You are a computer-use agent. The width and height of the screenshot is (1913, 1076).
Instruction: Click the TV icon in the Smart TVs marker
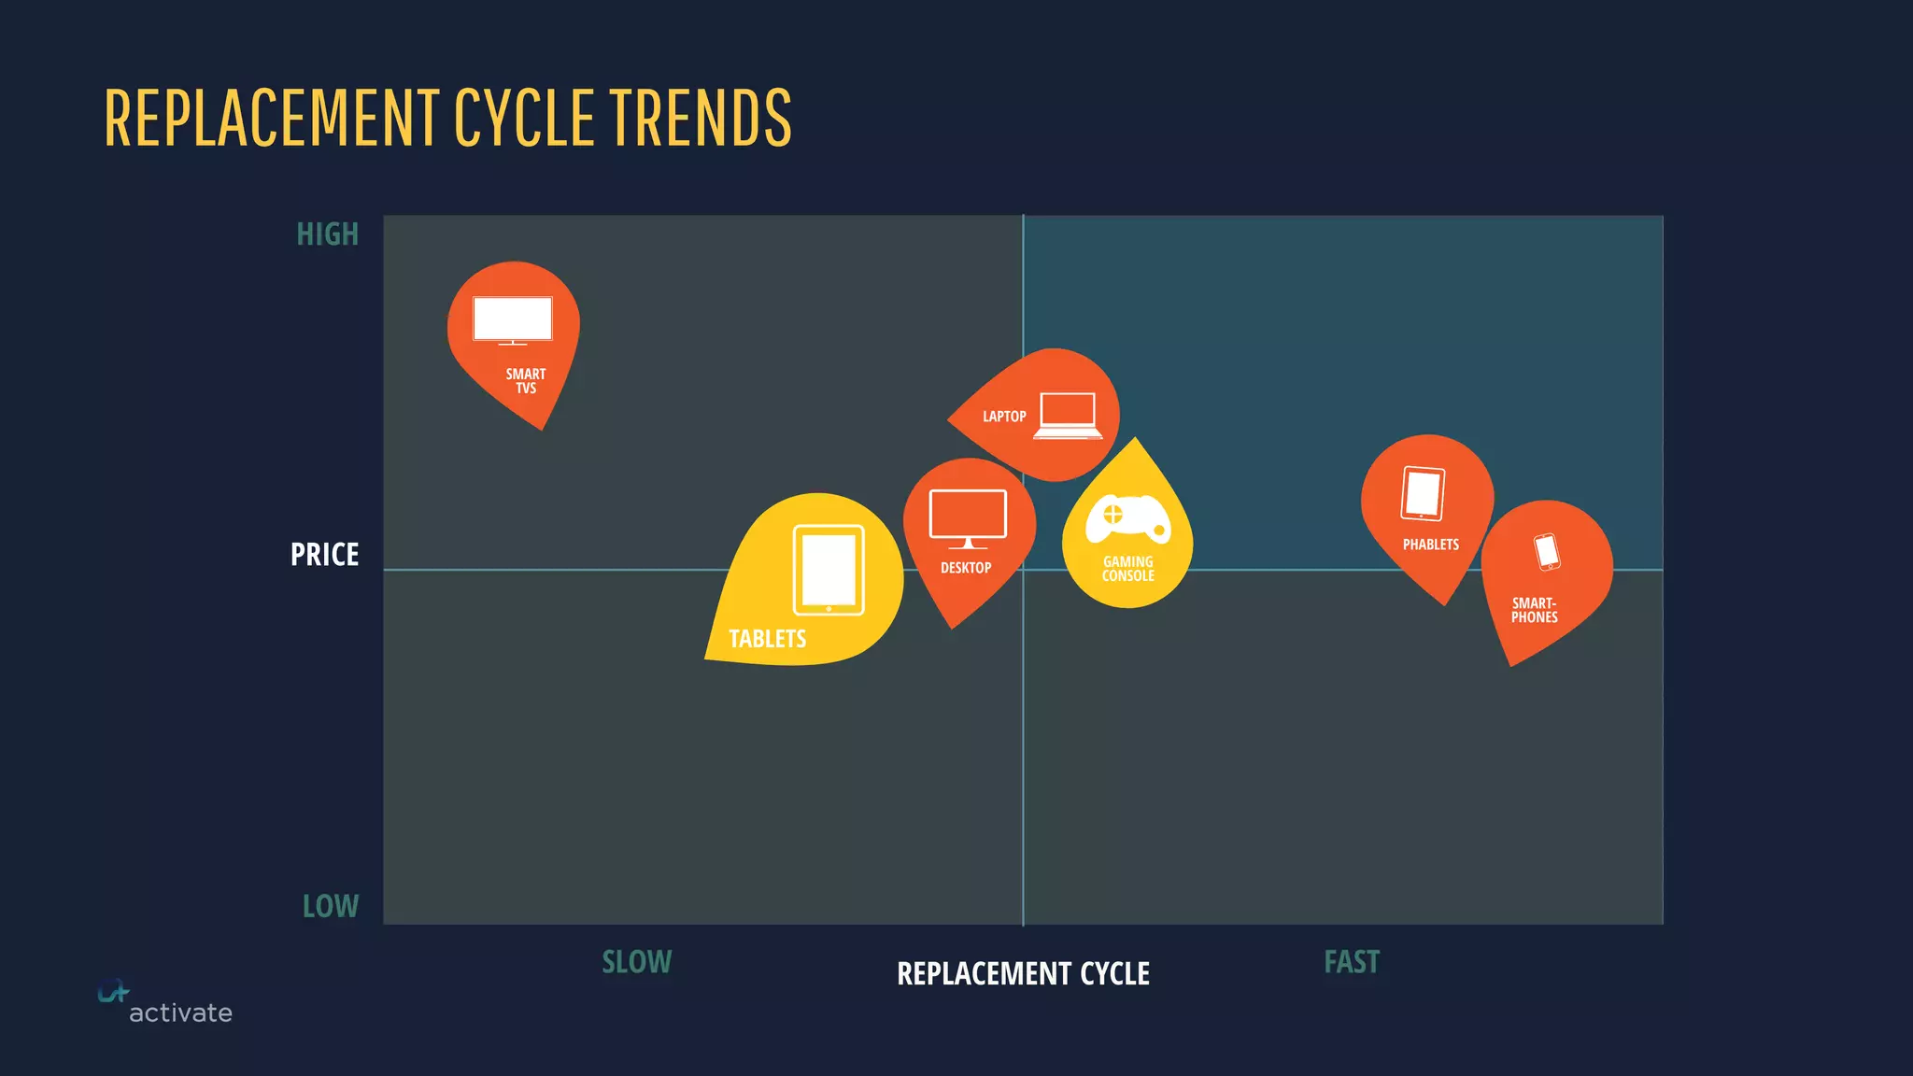coord(512,320)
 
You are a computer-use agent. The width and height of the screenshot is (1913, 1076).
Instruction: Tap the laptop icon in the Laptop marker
coord(1068,416)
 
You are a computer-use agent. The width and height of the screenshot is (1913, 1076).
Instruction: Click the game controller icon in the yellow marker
coord(1127,518)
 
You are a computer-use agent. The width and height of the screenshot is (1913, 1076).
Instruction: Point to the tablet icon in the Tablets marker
coord(829,570)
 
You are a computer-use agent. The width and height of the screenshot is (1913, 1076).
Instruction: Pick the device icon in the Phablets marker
coord(1423,493)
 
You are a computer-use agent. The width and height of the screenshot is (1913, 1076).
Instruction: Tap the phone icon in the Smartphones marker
coord(1547,551)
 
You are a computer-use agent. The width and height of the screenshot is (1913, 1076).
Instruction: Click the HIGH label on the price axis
coord(327,234)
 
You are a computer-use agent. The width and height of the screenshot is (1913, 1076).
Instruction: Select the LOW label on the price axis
coord(330,906)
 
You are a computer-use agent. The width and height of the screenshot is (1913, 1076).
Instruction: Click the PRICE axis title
coord(324,555)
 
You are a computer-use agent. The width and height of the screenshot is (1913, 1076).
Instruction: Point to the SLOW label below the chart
coord(636,962)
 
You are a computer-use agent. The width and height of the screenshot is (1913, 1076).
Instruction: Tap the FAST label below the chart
coord(1351,962)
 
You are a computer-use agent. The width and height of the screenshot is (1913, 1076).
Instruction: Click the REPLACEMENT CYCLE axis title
coord(1023,973)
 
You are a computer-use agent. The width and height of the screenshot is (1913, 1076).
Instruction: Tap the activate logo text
coord(180,1012)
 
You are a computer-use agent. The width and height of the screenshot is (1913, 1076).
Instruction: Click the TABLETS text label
coord(767,639)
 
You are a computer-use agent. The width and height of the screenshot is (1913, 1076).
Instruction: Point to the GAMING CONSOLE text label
coord(1127,569)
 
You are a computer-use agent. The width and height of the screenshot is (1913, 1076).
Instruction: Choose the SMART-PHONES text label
coord(1534,610)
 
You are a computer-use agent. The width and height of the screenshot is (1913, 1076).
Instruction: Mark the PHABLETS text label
coord(1430,545)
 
